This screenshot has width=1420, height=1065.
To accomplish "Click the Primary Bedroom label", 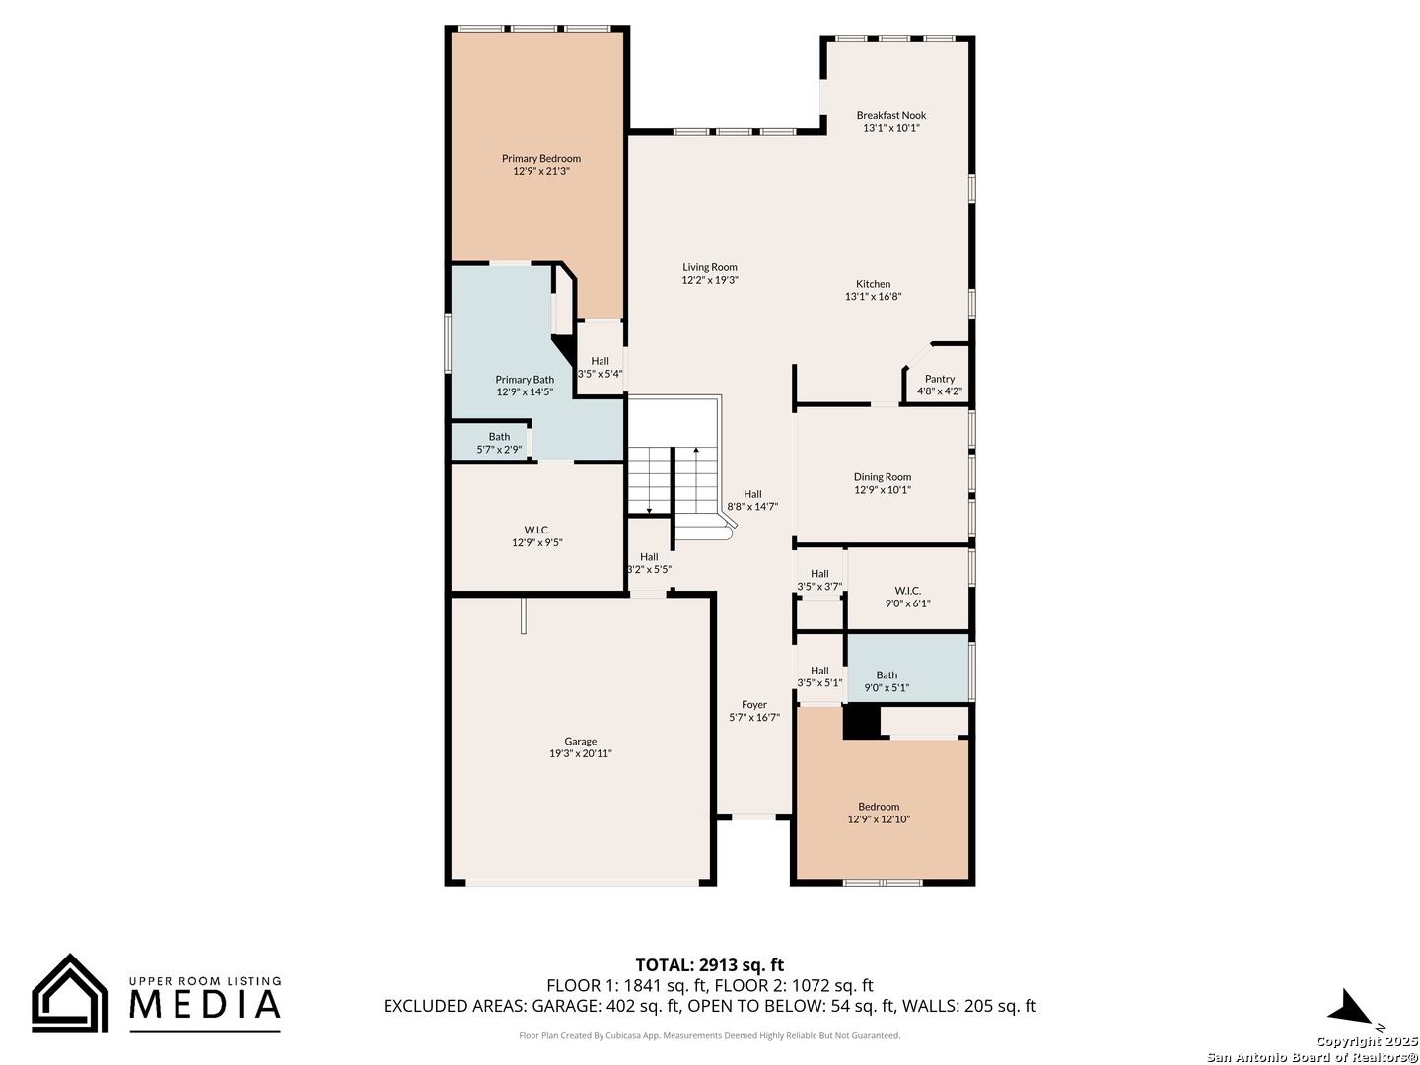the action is [540, 159].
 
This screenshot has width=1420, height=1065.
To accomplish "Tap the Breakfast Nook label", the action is [890, 115].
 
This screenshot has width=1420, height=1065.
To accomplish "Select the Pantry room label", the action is [940, 379].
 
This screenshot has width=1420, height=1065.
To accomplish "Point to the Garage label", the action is [580, 741].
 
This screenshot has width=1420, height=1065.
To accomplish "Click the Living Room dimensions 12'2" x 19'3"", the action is [710, 280].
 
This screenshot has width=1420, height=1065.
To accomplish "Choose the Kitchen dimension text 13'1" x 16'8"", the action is [873, 297].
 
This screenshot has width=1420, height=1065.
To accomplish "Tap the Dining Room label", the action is [882, 477].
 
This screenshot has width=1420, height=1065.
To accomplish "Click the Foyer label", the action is [754, 705].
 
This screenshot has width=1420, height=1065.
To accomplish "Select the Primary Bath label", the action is [525, 380].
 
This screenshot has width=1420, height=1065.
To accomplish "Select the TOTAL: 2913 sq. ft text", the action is [710, 964].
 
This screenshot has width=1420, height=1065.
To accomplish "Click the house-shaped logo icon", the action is [70, 993].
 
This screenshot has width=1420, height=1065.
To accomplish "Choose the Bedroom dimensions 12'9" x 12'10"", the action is [879, 819].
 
